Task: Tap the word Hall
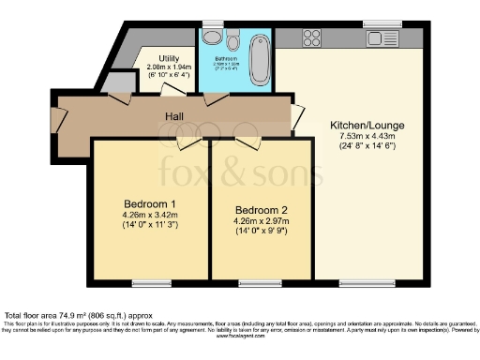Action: point(173,117)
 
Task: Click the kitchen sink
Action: point(385,38)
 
